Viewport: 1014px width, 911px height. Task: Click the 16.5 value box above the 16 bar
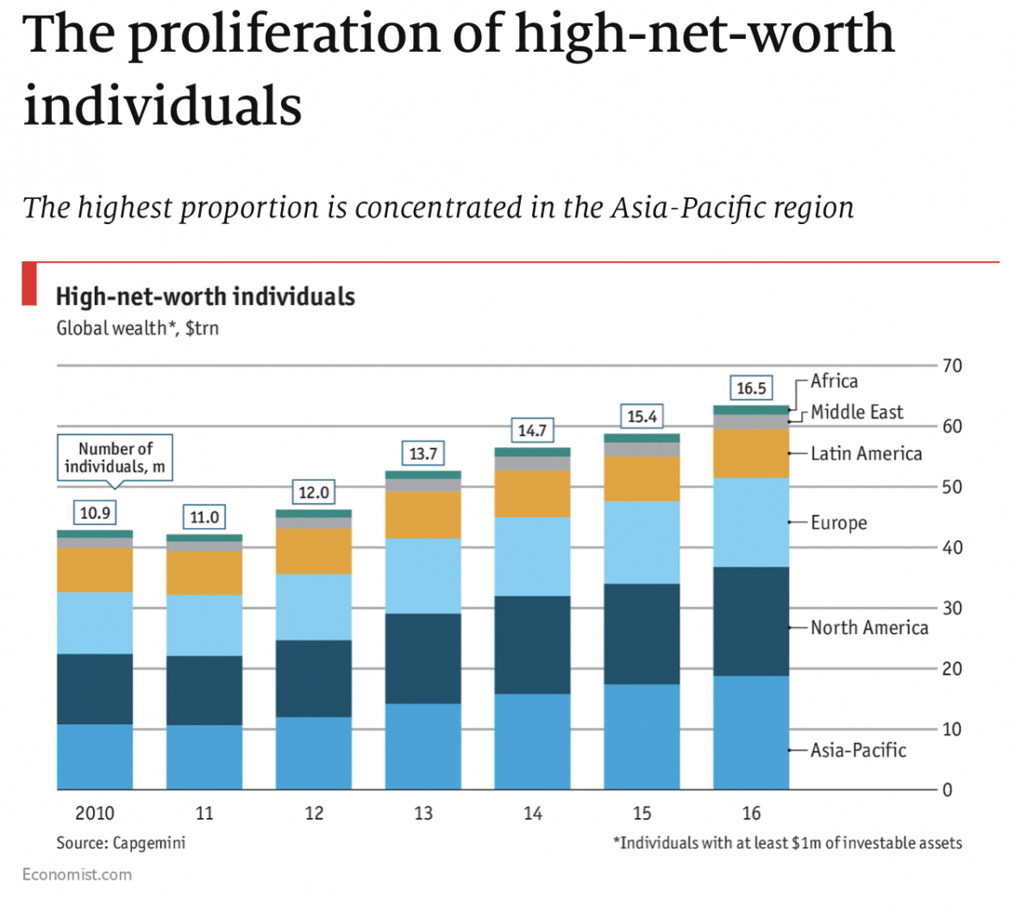[x=750, y=388]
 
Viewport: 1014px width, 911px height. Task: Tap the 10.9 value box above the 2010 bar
[x=95, y=514]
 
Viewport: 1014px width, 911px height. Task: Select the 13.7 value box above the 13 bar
[x=422, y=453]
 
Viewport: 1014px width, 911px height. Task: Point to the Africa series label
[x=834, y=381]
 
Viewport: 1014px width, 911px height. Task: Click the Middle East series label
[x=857, y=412]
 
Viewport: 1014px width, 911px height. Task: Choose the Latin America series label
[x=866, y=453]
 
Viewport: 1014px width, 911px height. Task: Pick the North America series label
[x=869, y=627]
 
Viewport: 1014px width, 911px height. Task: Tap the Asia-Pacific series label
[x=858, y=750]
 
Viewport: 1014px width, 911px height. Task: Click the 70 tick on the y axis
[x=952, y=366]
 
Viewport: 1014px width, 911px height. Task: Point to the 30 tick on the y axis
[x=952, y=608]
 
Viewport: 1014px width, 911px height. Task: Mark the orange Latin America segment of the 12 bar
[x=314, y=551]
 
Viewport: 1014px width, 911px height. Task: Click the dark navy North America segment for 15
[x=642, y=633]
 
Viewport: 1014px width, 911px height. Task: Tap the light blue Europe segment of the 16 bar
[x=751, y=522]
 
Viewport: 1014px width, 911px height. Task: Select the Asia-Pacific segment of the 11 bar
[x=204, y=757]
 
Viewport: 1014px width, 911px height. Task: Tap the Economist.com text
[x=78, y=875]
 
